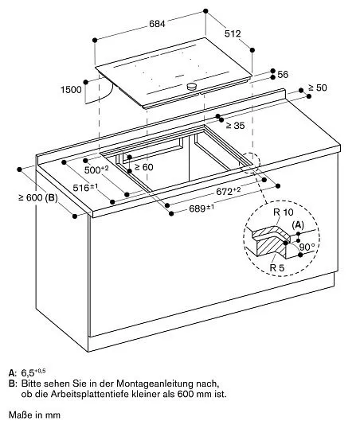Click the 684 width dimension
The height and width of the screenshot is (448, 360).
click(x=157, y=24)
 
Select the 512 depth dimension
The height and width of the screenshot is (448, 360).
click(x=233, y=33)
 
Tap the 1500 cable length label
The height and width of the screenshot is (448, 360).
click(x=71, y=90)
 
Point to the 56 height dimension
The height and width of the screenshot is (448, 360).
click(x=283, y=75)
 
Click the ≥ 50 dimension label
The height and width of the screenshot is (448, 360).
click(x=318, y=88)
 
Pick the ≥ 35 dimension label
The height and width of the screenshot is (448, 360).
click(x=235, y=125)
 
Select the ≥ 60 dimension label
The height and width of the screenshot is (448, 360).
click(x=144, y=167)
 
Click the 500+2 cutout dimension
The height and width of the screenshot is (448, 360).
click(x=96, y=169)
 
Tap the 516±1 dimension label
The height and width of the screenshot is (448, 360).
click(x=85, y=188)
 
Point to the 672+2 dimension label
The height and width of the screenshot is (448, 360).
click(x=228, y=191)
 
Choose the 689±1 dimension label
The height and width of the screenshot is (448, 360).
click(x=202, y=208)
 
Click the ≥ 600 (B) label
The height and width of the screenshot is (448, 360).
click(x=38, y=197)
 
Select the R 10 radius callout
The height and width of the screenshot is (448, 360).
click(x=284, y=212)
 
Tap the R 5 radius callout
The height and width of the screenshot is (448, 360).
click(x=277, y=267)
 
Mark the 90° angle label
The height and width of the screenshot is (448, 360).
click(x=307, y=247)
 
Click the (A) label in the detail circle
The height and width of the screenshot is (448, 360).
click(x=298, y=225)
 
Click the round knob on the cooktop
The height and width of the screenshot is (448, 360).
click(x=192, y=86)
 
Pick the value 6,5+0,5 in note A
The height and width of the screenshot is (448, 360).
click(x=33, y=372)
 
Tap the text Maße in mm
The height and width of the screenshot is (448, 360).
click(x=34, y=415)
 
